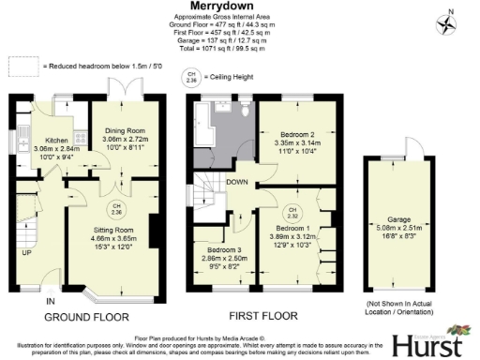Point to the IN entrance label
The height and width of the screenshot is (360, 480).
pos(52,301)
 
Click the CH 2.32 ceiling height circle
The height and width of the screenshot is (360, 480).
pos(292,212)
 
